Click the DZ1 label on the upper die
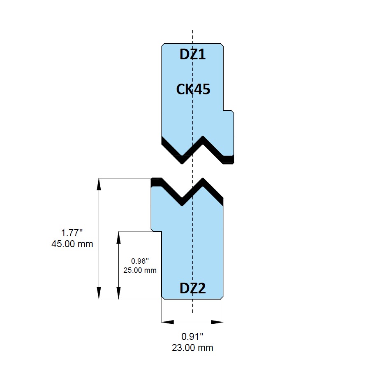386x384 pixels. (x=192, y=54)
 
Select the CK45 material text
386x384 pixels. (x=193, y=89)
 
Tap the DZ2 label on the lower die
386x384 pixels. (x=192, y=288)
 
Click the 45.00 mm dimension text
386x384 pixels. (x=72, y=244)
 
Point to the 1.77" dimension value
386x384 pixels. (x=72, y=232)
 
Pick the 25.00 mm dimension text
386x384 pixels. (x=140, y=270)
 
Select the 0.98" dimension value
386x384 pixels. (x=140, y=261)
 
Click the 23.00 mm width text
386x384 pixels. (x=192, y=348)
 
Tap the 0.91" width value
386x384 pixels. (x=192, y=336)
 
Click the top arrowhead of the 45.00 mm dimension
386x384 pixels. (x=99, y=184)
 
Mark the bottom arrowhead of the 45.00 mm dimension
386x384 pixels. (x=99, y=293)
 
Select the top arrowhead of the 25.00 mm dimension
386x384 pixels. (x=119, y=237)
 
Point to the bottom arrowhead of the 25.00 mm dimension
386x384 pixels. (x=119, y=293)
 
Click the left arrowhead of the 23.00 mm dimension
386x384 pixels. (x=168, y=322)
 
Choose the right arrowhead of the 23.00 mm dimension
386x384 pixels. (x=217, y=322)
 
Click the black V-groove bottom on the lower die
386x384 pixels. (x=182, y=202)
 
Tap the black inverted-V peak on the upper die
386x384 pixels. (x=203, y=140)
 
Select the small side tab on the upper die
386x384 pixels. (x=229, y=133)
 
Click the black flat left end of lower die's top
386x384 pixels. (x=157, y=182)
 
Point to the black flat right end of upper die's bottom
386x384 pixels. (x=228, y=160)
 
